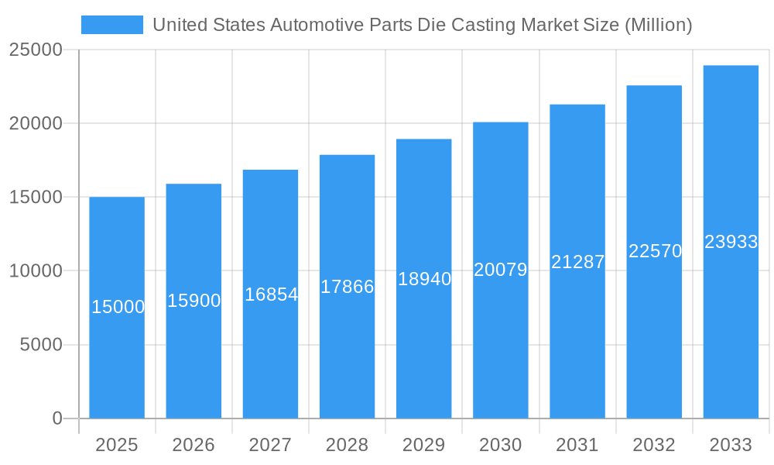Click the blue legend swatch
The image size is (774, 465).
112,25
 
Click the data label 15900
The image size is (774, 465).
194,301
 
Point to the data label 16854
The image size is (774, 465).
271,294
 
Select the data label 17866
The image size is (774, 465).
348,287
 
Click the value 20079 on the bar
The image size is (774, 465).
501,270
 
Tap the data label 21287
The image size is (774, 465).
577,262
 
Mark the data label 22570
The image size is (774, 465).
655,251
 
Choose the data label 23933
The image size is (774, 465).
731,242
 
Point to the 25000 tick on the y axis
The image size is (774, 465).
36,50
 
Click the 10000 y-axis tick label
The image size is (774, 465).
36,271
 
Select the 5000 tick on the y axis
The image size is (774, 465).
40,345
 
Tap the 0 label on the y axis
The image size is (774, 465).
57,418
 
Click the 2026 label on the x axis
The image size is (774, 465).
193,445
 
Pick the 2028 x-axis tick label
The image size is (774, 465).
347,445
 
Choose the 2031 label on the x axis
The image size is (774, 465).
577,445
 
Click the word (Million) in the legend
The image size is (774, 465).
657,25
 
